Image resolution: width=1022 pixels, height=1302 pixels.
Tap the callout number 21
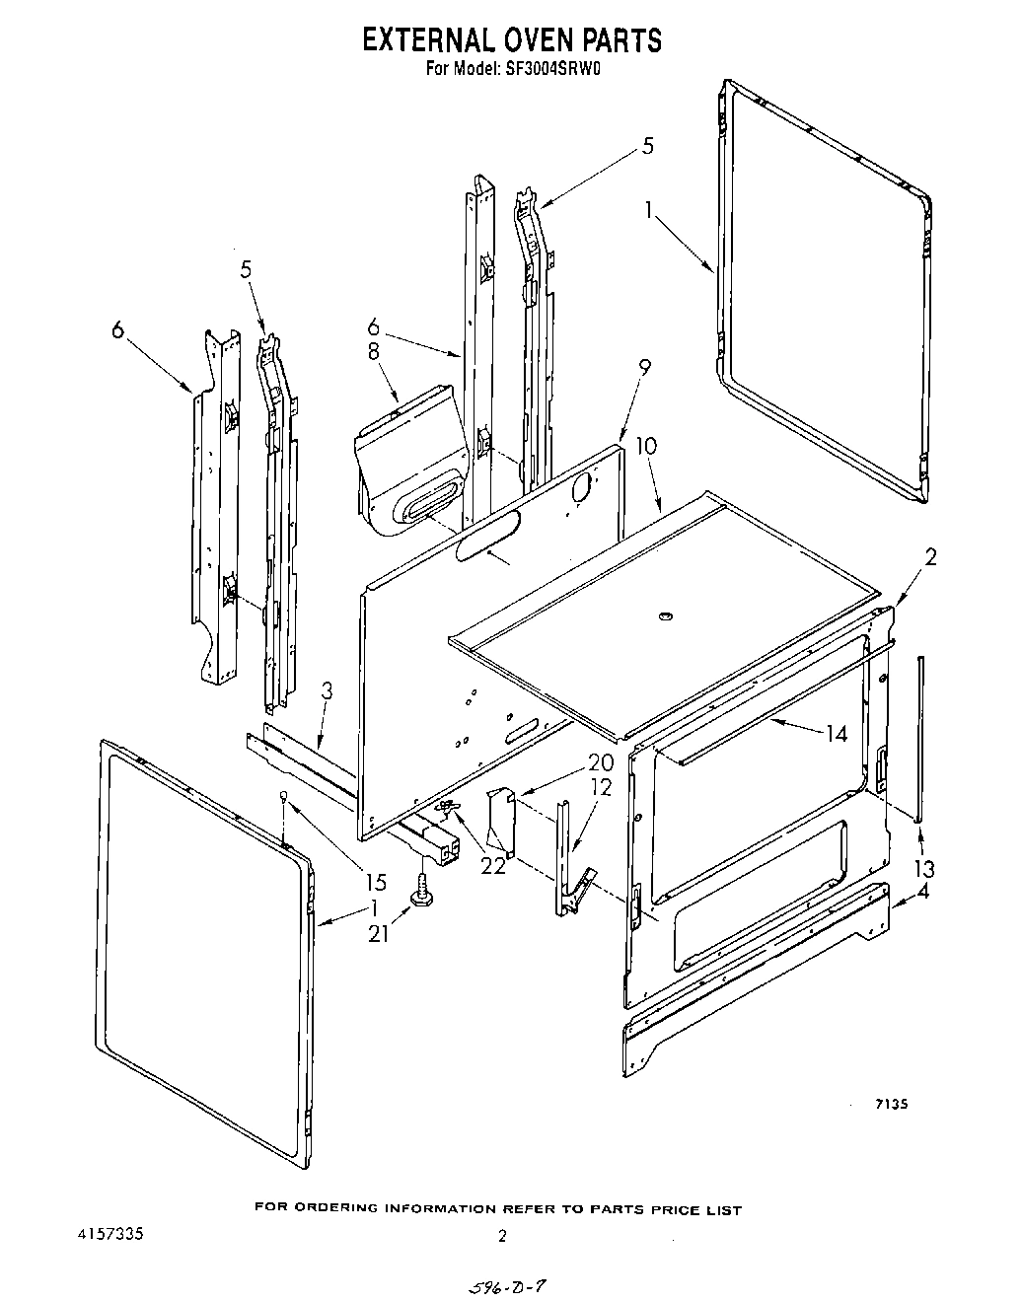click(379, 931)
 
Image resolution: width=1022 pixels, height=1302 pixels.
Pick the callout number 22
click(491, 864)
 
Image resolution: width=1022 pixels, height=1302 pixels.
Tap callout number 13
click(924, 869)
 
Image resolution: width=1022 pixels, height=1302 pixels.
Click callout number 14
click(837, 733)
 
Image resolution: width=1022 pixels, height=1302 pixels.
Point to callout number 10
click(645, 445)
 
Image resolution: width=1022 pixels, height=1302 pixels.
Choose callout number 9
click(644, 368)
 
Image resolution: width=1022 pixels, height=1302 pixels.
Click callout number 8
click(374, 353)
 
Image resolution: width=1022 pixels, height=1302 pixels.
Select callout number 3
click(327, 691)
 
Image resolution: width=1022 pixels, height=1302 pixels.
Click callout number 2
click(929, 557)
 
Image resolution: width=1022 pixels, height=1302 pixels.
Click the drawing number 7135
click(889, 1105)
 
